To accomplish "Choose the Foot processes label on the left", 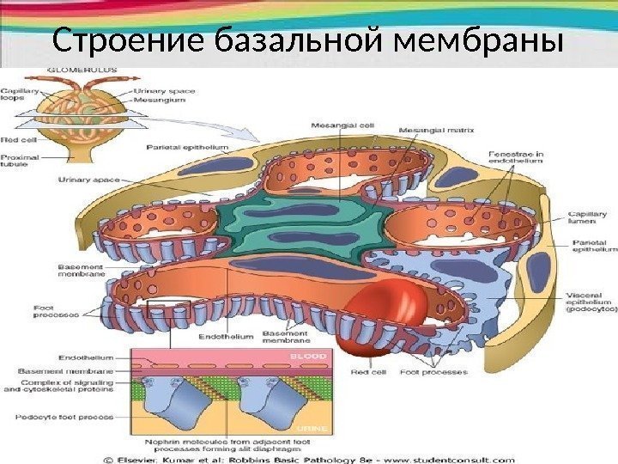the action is [x=33, y=310].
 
